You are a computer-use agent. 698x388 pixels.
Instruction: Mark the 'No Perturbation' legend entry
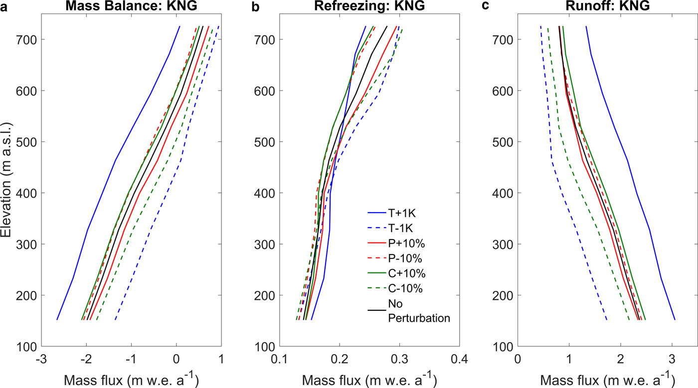click(x=419, y=311)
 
